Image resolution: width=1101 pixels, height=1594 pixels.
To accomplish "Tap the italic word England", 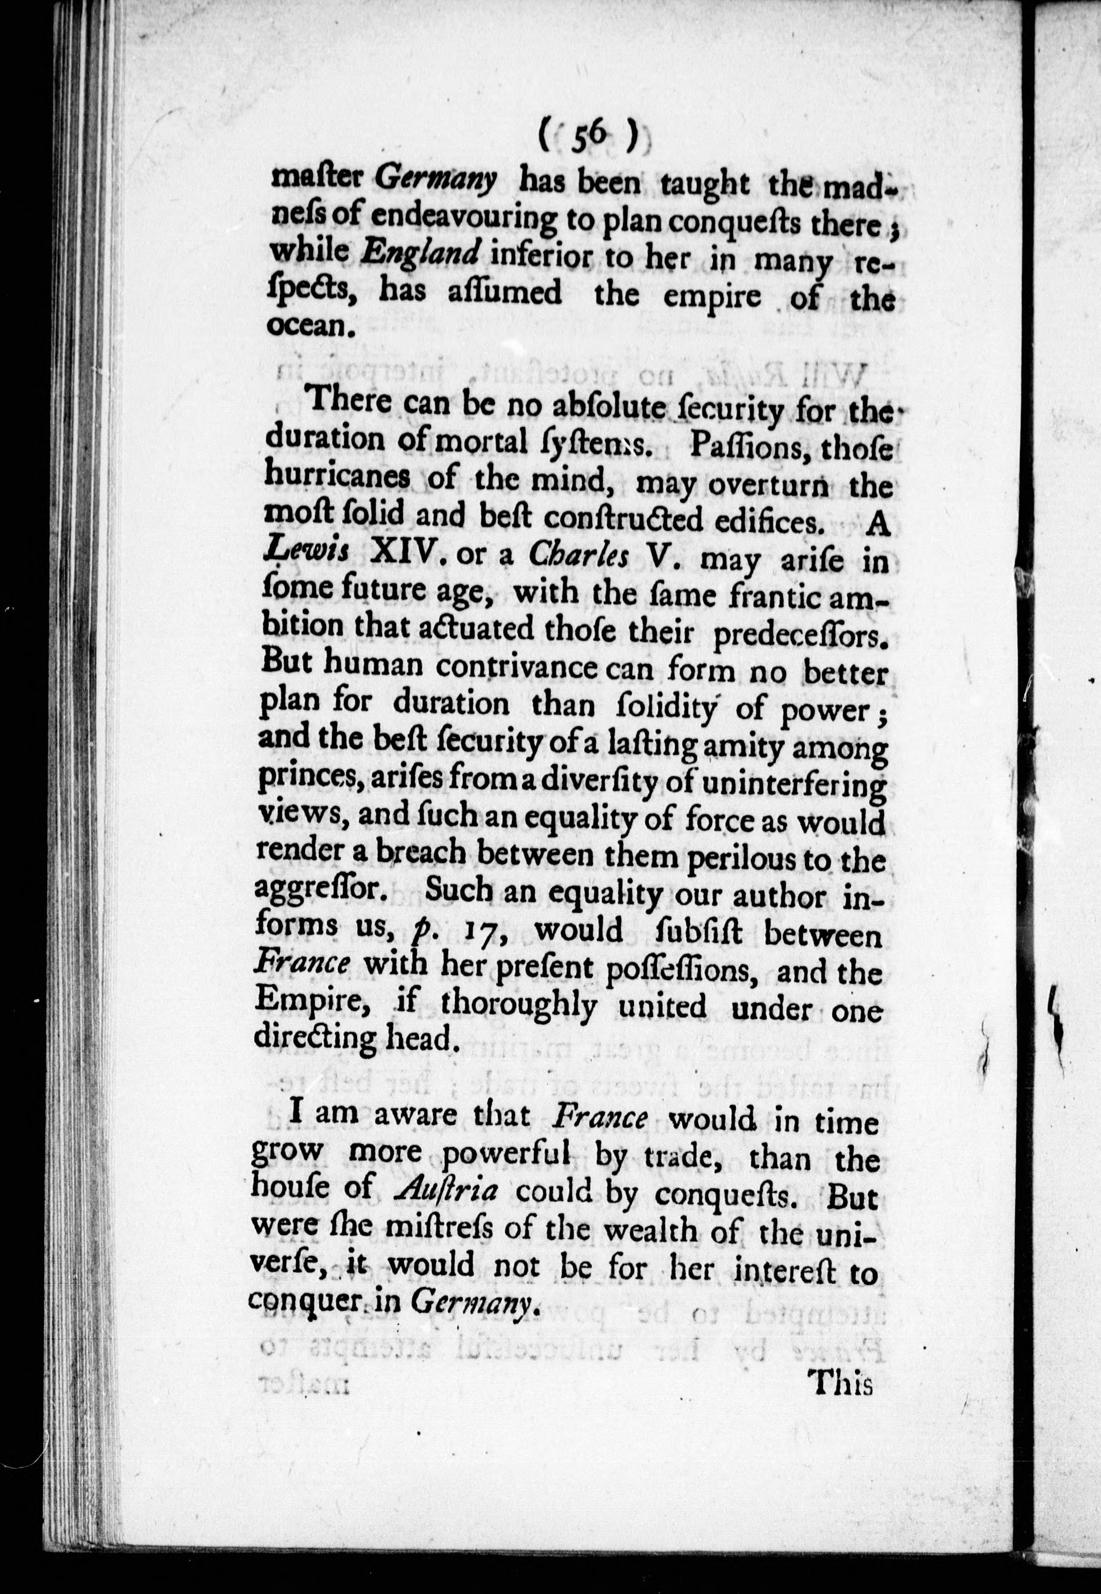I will pos(420,255).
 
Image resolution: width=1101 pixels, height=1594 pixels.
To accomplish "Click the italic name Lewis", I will pos(309,554).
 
